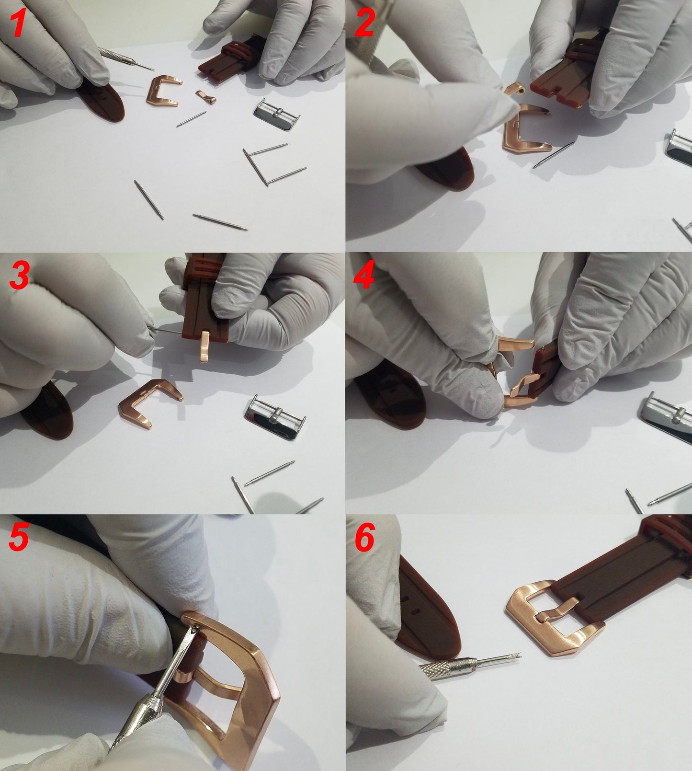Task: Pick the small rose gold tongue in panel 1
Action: pyautogui.click(x=206, y=97)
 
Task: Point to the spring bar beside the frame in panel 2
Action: pyautogui.click(x=553, y=155)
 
